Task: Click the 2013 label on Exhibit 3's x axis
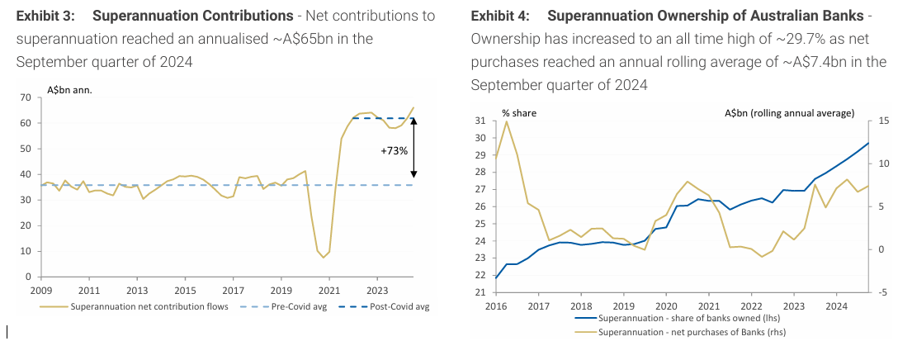(x=137, y=291)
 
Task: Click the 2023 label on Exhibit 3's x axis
(x=377, y=291)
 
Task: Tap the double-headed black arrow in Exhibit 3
(x=414, y=146)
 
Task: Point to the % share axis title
(x=518, y=113)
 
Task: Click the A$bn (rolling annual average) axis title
(x=789, y=113)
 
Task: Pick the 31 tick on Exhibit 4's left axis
(x=480, y=121)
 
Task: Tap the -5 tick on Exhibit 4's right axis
(x=884, y=292)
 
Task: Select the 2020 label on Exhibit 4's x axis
(x=665, y=306)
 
